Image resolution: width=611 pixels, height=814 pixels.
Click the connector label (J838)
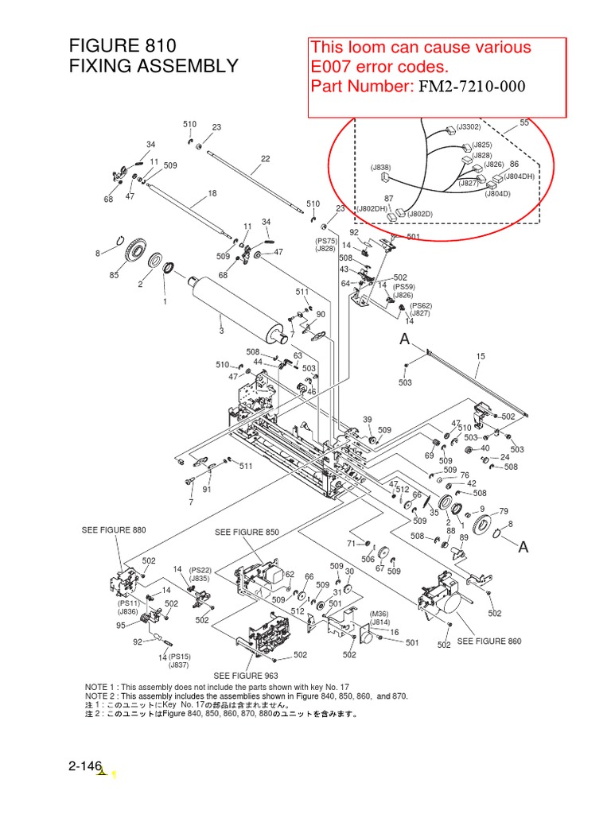tap(380, 168)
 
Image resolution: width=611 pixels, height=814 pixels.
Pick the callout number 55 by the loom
tap(524, 122)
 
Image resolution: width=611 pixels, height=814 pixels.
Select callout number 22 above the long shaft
tap(265, 158)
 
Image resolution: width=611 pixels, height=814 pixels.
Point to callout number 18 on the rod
tap(212, 193)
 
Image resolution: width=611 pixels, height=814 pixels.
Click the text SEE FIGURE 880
tap(114, 530)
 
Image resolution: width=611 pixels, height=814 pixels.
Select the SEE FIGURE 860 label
tap(489, 641)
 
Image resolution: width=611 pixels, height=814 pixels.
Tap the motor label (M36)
tap(379, 614)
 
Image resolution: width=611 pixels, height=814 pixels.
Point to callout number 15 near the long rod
tap(480, 357)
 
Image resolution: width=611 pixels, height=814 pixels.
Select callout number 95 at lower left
tap(120, 626)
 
